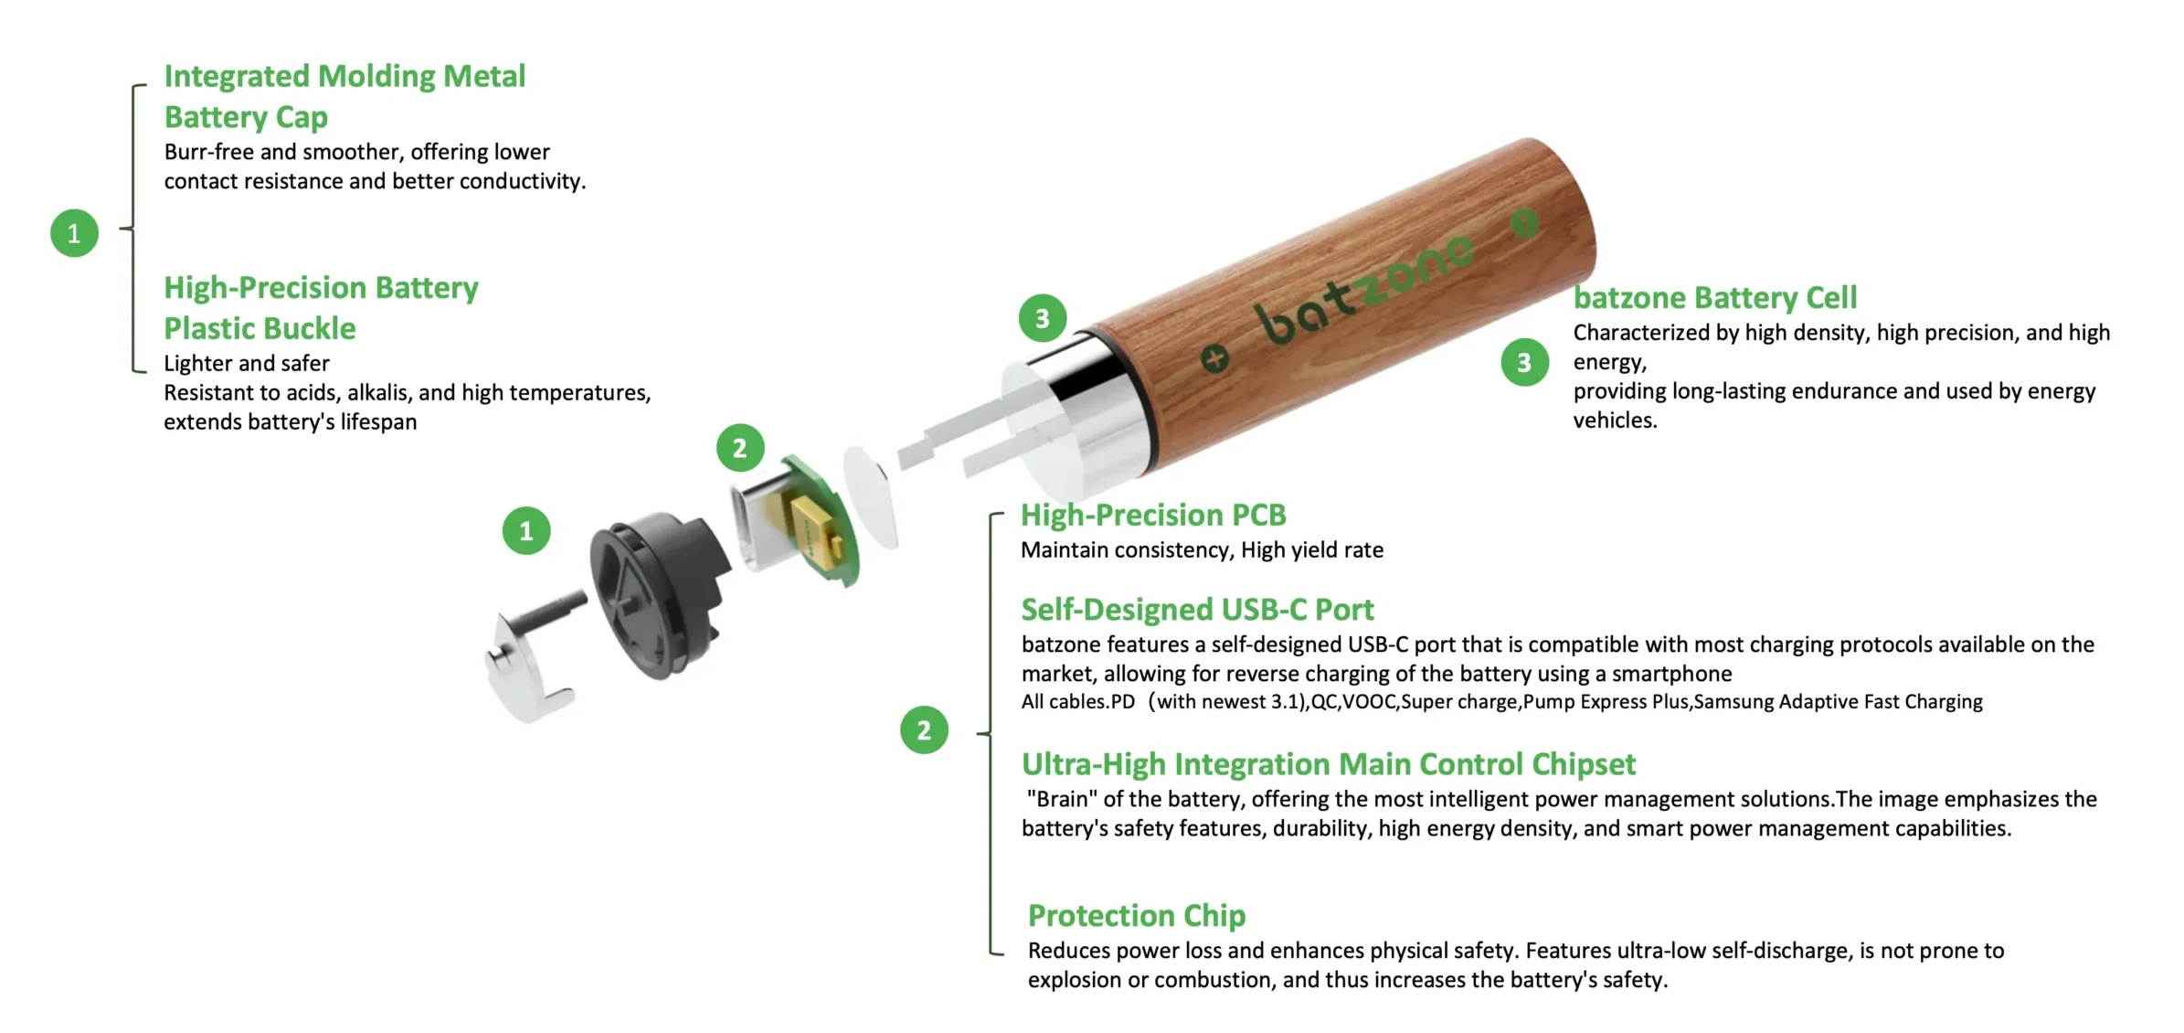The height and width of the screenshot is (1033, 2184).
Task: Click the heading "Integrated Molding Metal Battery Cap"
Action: pyautogui.click(x=345, y=96)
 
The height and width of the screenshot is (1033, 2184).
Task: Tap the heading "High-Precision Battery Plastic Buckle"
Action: pyautogui.click(x=321, y=308)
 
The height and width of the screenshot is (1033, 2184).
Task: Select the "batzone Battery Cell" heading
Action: pyautogui.click(x=1714, y=298)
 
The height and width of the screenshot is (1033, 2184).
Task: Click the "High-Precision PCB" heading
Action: pyautogui.click(x=1153, y=516)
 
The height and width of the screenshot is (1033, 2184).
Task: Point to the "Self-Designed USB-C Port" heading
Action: pyautogui.click(x=1197, y=610)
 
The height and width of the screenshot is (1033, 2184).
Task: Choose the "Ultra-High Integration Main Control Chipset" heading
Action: pyautogui.click(x=1328, y=764)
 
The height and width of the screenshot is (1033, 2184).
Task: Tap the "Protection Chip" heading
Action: pyautogui.click(x=1137, y=916)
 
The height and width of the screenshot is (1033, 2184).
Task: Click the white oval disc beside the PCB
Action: pyautogui.click(x=872, y=496)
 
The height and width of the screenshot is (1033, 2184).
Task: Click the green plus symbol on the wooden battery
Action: pyautogui.click(x=1214, y=359)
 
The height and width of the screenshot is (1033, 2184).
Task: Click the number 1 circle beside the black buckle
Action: pyautogui.click(x=526, y=531)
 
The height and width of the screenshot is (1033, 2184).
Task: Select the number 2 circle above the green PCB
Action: pyautogui.click(x=740, y=448)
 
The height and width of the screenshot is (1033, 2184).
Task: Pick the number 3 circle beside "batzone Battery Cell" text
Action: pyautogui.click(x=1524, y=363)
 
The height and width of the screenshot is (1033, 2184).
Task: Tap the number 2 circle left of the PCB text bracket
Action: pyautogui.click(x=924, y=729)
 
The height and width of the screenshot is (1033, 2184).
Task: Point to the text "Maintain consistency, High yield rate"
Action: pyautogui.click(x=1202, y=550)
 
